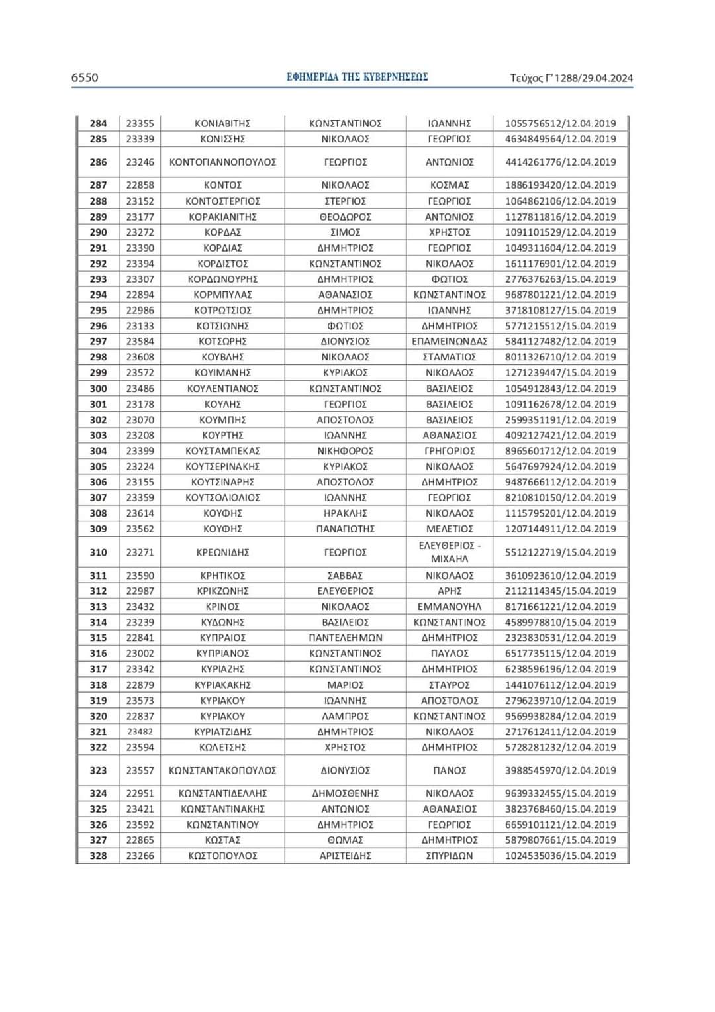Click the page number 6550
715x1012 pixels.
(x=85, y=78)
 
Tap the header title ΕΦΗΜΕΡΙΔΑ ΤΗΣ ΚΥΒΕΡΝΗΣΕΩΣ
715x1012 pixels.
(x=358, y=77)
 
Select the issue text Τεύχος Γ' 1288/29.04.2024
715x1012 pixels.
(x=571, y=78)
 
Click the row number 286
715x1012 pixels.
(x=98, y=162)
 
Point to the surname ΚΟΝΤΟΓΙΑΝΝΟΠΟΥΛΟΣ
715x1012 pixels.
(x=222, y=162)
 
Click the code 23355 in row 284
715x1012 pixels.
(x=140, y=123)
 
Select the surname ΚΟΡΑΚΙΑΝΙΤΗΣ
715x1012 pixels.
(x=222, y=217)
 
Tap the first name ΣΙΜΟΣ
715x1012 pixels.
(x=345, y=232)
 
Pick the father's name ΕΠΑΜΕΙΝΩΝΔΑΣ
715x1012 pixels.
(x=450, y=341)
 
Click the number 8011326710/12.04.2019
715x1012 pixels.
(x=560, y=357)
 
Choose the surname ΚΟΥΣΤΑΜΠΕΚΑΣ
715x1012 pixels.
(x=222, y=451)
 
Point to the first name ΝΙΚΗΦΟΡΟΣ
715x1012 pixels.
(x=345, y=451)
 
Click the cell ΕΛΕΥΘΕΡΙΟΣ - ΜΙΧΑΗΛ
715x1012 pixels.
(x=450, y=552)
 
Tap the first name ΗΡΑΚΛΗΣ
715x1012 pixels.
(x=345, y=513)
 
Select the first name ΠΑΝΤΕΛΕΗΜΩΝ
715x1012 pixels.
(x=345, y=638)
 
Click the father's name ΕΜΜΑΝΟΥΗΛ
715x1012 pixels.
(x=450, y=607)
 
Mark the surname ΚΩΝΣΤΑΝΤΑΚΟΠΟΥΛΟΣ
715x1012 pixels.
(x=222, y=770)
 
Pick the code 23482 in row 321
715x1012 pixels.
(x=140, y=732)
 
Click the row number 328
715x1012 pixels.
(x=98, y=856)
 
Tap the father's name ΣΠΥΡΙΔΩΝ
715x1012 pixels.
(x=450, y=856)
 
